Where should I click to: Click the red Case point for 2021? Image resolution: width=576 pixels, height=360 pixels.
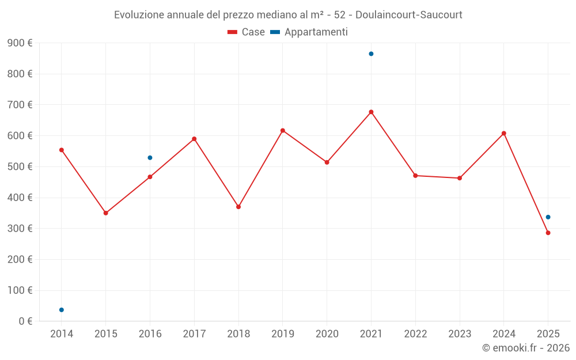click(371, 112)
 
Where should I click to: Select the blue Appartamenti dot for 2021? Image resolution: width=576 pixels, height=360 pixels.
click(371, 54)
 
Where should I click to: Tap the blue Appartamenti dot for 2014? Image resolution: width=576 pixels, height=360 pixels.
click(62, 310)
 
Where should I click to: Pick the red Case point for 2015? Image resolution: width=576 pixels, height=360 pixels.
click(106, 213)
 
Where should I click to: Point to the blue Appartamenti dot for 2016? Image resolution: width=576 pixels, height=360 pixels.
click(150, 158)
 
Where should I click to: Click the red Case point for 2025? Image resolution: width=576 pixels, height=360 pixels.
click(548, 233)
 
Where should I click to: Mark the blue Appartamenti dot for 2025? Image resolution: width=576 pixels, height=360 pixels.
click(548, 217)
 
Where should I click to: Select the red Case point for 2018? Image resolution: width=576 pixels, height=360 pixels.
click(238, 207)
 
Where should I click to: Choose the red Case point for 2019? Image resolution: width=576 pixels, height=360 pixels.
click(283, 131)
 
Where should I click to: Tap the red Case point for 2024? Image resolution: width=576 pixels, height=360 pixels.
click(503, 133)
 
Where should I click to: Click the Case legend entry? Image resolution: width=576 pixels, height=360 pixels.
click(246, 32)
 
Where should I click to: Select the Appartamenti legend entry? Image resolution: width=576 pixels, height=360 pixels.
click(309, 32)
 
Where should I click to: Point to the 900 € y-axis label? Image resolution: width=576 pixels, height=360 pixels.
click(20, 43)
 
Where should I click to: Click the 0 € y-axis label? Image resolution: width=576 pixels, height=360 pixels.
click(25, 321)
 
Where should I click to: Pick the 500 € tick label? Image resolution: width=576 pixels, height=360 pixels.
click(20, 167)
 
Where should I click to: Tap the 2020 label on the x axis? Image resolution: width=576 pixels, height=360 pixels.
click(327, 334)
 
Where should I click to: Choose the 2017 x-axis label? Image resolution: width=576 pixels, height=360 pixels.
click(194, 334)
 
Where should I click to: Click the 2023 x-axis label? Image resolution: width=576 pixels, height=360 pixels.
click(460, 334)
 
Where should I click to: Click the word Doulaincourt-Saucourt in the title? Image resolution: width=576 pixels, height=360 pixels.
click(408, 14)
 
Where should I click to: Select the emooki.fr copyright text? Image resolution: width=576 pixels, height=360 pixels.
click(526, 348)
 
